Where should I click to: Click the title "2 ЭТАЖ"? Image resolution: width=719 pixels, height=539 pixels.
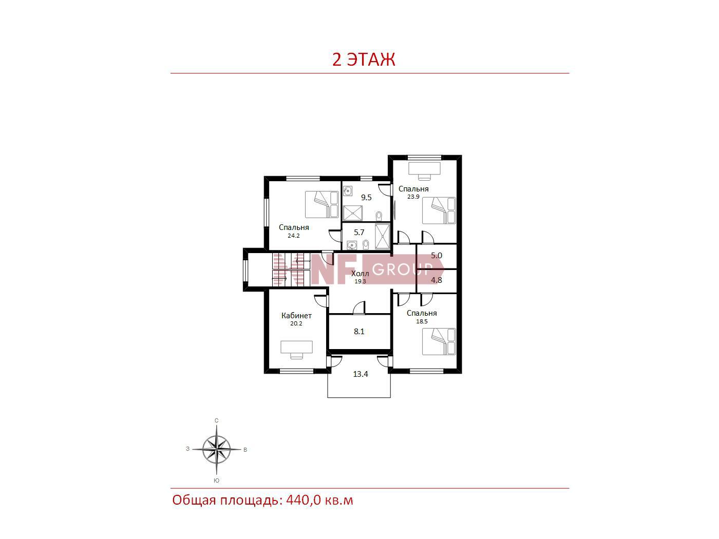[364, 60]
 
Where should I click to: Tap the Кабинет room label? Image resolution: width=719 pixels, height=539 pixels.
[296, 316]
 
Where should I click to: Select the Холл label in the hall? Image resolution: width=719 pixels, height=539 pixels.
[359, 273]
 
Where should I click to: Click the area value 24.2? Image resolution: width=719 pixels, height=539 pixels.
[293, 236]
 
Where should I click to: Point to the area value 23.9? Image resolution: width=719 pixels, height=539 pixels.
[413, 197]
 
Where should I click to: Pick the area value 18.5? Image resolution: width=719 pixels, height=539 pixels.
[422, 321]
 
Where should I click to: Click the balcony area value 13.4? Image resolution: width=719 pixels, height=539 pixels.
[361, 374]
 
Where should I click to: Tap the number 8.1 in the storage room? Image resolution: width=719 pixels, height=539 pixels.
[359, 332]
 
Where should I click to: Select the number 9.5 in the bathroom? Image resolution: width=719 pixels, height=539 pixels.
[366, 197]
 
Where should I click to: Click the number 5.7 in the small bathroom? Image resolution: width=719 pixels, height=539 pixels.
[359, 233]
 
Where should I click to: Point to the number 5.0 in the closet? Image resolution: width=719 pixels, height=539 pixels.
[437, 256]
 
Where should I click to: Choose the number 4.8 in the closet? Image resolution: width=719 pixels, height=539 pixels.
[437, 280]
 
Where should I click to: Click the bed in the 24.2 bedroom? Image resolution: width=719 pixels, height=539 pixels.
[321, 204]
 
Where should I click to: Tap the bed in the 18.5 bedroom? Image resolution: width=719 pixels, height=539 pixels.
[439, 342]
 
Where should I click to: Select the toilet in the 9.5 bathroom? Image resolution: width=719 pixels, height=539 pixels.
[379, 216]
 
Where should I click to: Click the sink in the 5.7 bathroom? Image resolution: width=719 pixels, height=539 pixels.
[352, 245]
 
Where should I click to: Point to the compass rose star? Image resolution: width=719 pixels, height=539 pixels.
[216, 449]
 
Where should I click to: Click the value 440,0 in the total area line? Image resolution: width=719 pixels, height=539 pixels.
[304, 500]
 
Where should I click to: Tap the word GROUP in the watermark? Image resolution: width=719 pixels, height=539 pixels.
[402, 269]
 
